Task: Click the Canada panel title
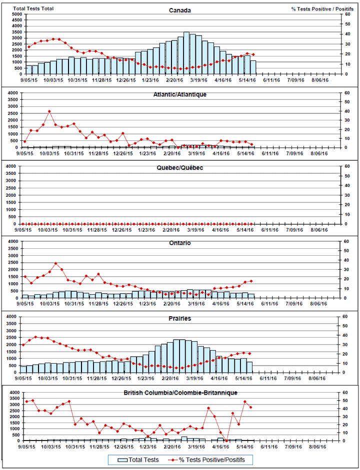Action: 179,10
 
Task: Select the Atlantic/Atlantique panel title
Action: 179,94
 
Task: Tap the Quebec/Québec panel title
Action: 179,168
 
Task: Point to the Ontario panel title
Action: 179,243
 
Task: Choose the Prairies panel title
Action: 179,318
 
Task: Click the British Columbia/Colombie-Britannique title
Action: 179,393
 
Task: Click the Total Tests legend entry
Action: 138,460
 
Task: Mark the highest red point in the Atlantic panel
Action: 49,111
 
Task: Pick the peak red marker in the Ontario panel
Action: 55,263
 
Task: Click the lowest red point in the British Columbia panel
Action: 226,441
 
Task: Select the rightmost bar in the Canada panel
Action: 253,67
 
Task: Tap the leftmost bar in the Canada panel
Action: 29,69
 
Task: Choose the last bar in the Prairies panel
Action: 249,367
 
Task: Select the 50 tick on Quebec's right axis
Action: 341,176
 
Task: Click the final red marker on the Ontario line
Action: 251,281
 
